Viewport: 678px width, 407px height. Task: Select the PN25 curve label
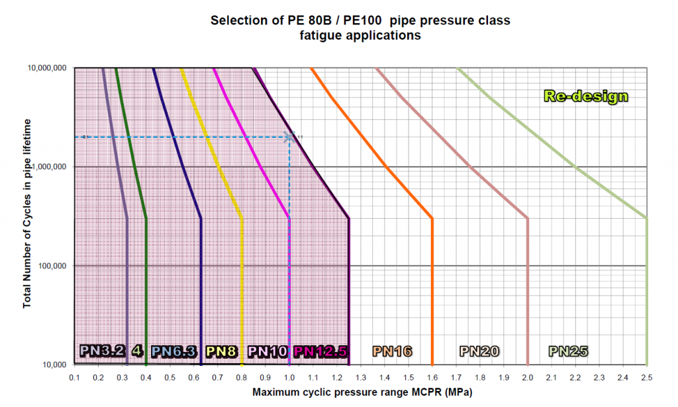tap(569, 351)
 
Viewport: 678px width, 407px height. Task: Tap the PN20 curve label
tap(480, 351)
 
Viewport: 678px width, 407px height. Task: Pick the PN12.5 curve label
tap(321, 351)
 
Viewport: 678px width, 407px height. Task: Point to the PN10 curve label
tap(268, 351)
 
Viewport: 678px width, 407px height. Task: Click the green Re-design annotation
tap(585, 96)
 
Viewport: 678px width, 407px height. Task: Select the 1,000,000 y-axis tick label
tap(50, 166)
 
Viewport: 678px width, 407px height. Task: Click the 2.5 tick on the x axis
tap(646, 377)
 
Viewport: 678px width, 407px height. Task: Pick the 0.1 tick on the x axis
tap(75, 377)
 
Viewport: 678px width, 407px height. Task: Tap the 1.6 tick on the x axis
tap(432, 377)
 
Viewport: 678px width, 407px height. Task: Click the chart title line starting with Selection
tap(360, 21)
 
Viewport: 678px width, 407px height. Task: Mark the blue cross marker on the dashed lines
tap(289, 137)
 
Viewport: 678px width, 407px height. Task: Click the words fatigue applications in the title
tap(360, 36)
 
